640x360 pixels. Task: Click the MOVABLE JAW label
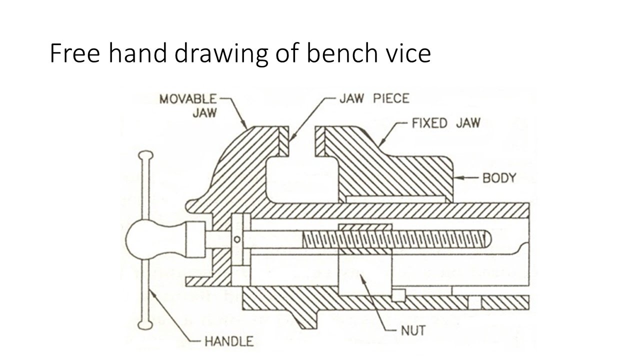tap(188, 105)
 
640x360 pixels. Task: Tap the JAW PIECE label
tap(374, 98)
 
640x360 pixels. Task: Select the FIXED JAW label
tap(445, 123)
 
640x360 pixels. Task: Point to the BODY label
tap(498, 177)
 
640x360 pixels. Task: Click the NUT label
tap(412, 330)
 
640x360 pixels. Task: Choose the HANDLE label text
tap(228, 342)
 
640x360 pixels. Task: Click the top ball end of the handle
tap(145, 155)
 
